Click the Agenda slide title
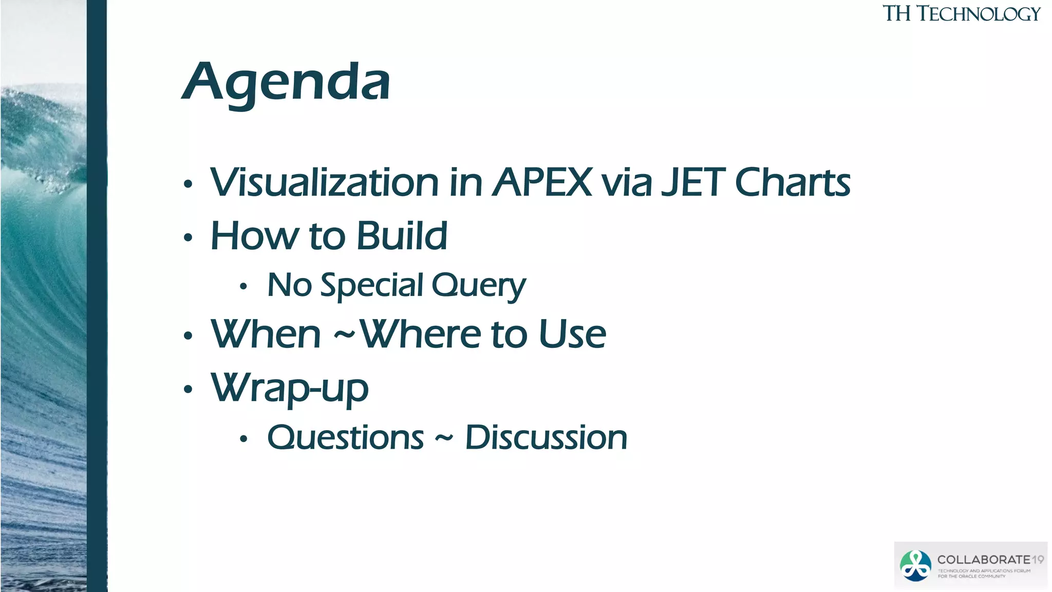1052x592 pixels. (286, 82)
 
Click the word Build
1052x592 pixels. (402, 236)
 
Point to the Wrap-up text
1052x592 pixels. (290, 388)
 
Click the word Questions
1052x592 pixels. (346, 438)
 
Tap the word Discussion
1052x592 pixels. (546, 438)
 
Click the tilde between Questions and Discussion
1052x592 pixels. (444, 438)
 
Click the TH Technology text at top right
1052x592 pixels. (961, 14)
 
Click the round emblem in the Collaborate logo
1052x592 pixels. (915, 566)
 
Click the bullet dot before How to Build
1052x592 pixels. (188, 237)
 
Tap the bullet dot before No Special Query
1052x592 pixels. (243, 287)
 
